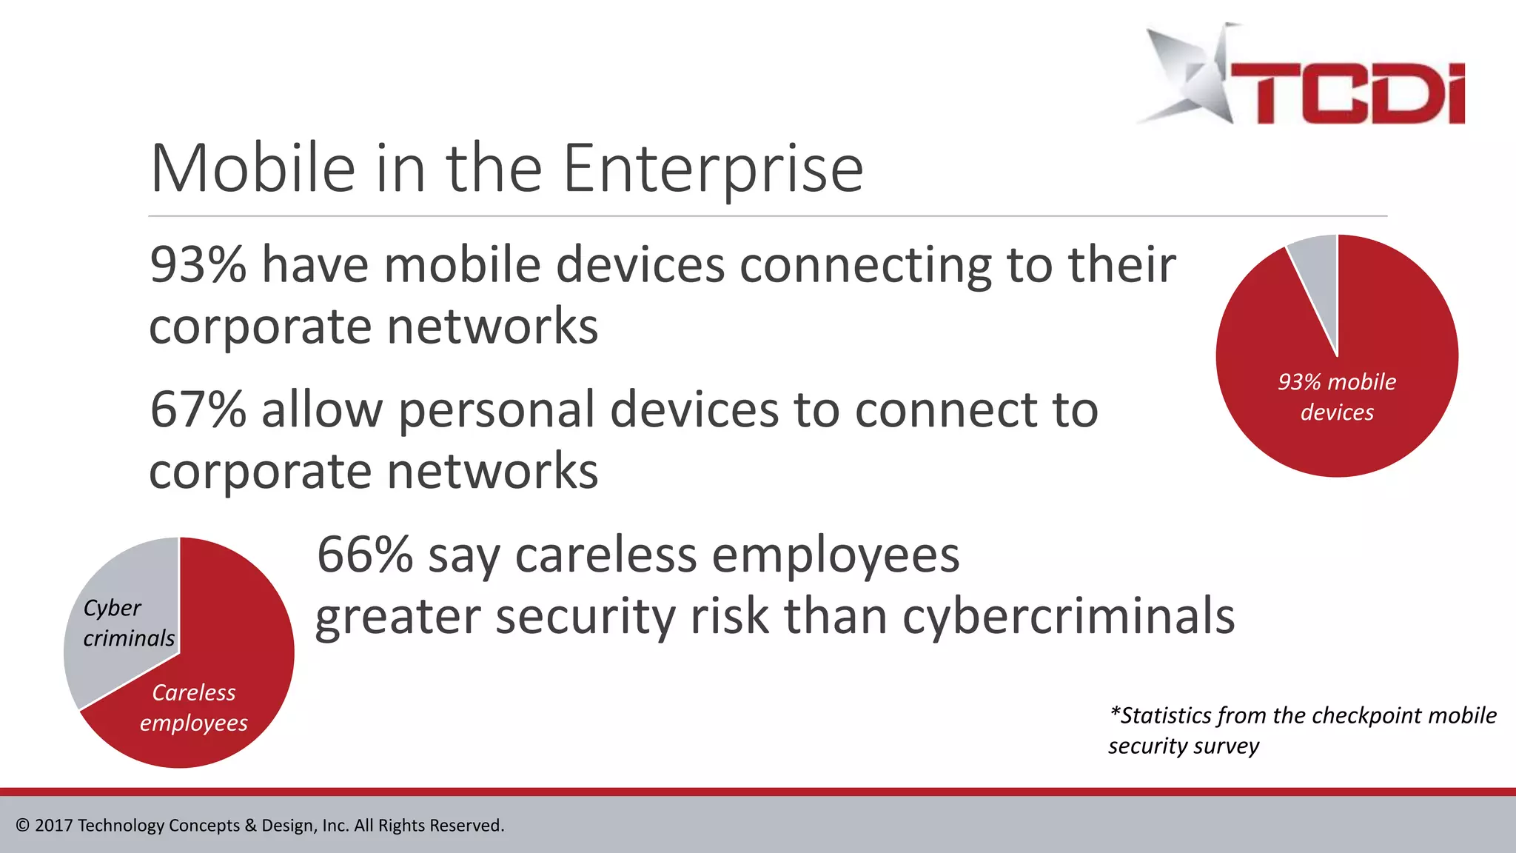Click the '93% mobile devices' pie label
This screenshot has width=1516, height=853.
coord(1337,397)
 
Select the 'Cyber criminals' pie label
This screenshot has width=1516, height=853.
coord(128,623)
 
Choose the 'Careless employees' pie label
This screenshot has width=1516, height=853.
coord(194,708)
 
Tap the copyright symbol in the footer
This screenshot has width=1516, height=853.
coord(22,826)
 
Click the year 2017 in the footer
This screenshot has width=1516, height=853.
coord(53,826)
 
